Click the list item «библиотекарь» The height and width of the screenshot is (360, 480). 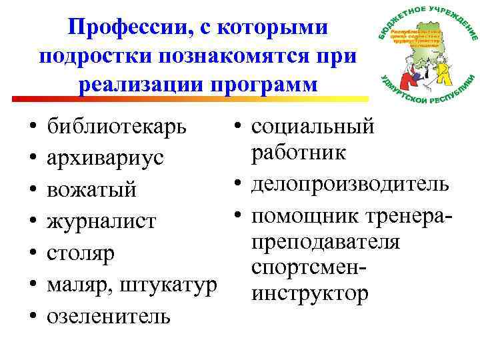pyautogui.click(x=117, y=127)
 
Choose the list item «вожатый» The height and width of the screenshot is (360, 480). pyautogui.click(x=92, y=190)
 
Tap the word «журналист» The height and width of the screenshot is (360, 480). pyautogui.click(x=101, y=221)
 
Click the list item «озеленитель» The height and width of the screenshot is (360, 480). pyautogui.click(x=108, y=315)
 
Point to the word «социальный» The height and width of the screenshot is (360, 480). pyautogui.click(x=313, y=127)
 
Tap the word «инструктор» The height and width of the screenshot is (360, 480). pyautogui.click(x=309, y=293)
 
